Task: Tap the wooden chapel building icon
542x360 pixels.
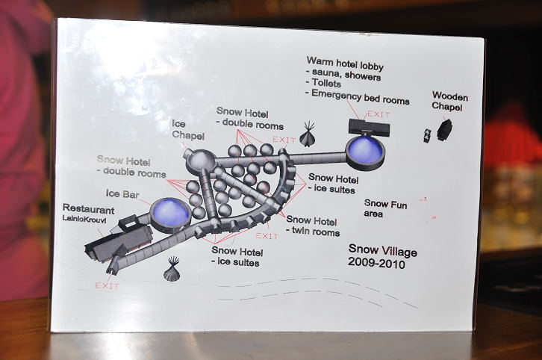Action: [x=445, y=129]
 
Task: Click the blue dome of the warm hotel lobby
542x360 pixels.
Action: [x=365, y=149]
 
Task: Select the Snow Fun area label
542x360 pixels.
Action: [x=385, y=208]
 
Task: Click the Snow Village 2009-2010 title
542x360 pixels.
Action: [x=382, y=257]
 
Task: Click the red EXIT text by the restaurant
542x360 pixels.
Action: [x=107, y=285]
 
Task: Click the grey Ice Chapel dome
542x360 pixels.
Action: [x=200, y=161]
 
